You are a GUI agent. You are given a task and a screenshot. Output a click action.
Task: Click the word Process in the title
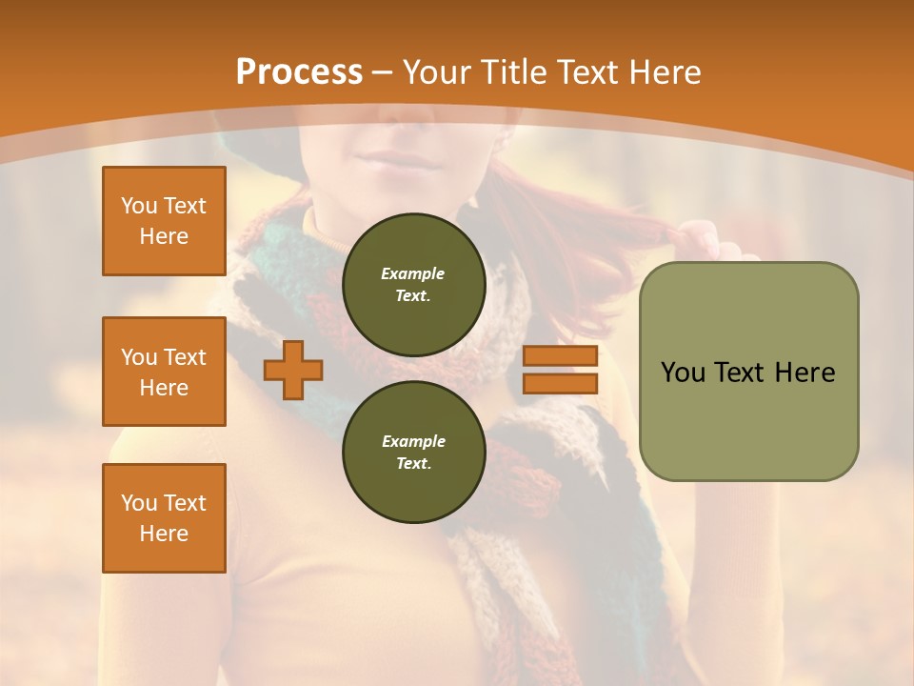click(x=299, y=72)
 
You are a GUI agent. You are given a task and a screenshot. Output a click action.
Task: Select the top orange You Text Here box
click(x=164, y=221)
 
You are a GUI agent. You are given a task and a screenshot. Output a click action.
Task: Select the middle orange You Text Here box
click(x=164, y=372)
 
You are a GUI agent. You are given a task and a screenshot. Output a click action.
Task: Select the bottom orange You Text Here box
click(x=164, y=518)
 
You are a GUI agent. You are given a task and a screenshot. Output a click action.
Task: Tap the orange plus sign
click(x=292, y=370)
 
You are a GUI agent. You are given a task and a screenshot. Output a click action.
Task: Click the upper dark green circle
click(x=413, y=285)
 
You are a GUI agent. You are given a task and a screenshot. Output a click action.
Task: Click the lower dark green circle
click(x=413, y=452)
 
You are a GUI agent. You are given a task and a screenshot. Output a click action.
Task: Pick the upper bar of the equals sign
click(x=560, y=356)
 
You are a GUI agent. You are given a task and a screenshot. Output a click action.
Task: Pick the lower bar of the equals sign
click(x=560, y=383)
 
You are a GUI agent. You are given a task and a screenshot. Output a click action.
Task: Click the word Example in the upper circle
click(x=413, y=273)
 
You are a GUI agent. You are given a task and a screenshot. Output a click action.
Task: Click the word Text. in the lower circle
click(x=413, y=463)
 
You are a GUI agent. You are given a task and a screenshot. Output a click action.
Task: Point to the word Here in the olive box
click(x=805, y=373)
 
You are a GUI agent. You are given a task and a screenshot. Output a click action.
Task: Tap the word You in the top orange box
click(x=139, y=206)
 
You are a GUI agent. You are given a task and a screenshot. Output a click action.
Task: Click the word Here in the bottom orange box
click(x=164, y=534)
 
